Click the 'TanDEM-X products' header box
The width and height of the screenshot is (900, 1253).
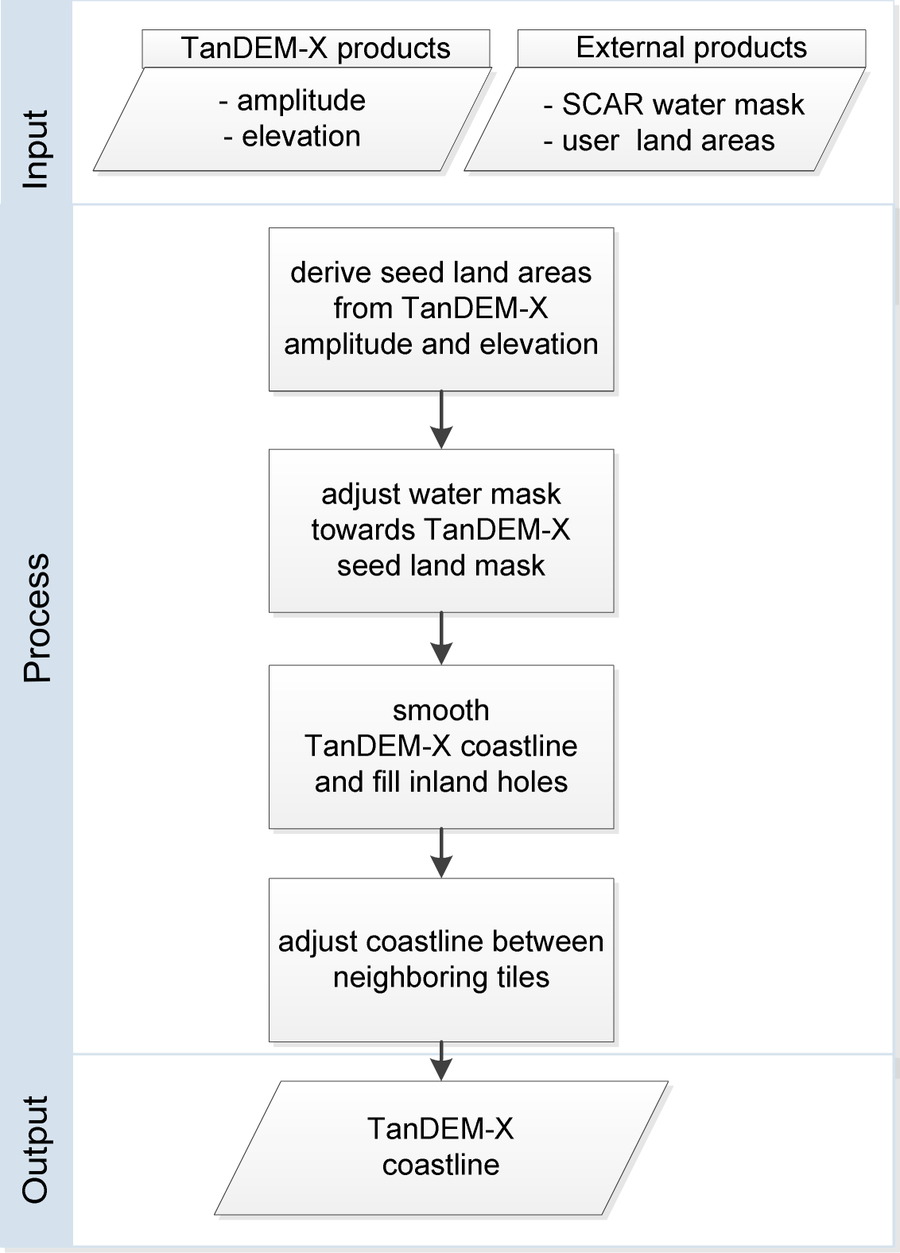point(316,48)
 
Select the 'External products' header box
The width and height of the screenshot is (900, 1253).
point(691,48)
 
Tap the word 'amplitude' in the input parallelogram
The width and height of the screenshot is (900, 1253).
point(301,100)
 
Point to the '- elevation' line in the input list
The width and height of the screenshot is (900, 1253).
point(293,136)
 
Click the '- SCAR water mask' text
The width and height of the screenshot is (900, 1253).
point(674,104)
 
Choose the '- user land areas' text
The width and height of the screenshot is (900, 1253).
point(659,141)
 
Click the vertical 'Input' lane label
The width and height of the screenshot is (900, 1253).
point(36,149)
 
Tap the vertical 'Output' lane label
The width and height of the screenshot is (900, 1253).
point(36,1149)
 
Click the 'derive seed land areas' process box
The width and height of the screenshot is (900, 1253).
point(441,308)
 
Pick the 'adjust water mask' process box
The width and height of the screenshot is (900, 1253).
point(441,530)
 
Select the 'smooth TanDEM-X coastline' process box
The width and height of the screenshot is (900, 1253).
point(441,747)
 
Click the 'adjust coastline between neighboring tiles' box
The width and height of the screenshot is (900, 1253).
point(441,960)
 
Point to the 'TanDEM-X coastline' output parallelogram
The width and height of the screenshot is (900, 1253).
point(441,1147)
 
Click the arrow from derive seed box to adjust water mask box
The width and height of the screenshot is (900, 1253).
point(441,420)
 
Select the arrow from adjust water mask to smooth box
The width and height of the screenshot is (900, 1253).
point(441,638)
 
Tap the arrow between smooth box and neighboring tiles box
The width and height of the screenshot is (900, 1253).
point(441,853)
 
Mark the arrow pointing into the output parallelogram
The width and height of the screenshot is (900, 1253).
point(441,1061)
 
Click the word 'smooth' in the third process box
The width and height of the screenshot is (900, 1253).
point(441,710)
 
